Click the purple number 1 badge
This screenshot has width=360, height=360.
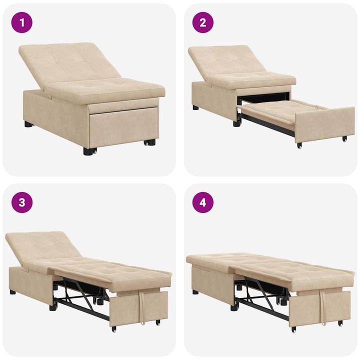click(22, 22)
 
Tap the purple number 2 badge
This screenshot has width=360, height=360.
click(203, 22)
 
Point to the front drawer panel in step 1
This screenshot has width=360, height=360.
click(122, 125)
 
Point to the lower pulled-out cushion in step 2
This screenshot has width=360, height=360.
click(280, 110)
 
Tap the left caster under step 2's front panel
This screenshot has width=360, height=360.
click(299, 145)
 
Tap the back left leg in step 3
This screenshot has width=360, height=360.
click(12, 291)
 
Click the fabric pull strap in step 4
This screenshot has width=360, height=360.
click(324, 305)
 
